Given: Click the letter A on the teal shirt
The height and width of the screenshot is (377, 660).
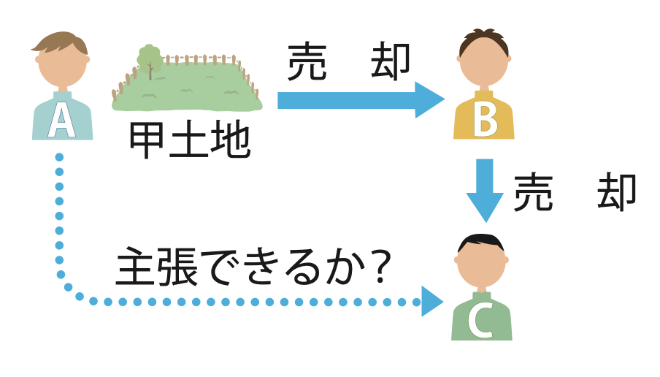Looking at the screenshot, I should click(x=61, y=121).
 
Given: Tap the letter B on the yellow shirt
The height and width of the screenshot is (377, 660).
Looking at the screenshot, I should click(x=484, y=121).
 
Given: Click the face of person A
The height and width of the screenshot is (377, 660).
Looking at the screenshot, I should click(x=63, y=64).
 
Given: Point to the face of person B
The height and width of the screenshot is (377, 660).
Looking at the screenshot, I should click(x=484, y=64).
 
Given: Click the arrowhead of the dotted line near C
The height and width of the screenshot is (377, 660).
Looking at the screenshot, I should click(x=431, y=301).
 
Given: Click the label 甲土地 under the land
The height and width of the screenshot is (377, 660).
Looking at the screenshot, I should click(x=189, y=141).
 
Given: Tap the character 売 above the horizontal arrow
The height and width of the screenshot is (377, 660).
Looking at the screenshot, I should click(x=307, y=61).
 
